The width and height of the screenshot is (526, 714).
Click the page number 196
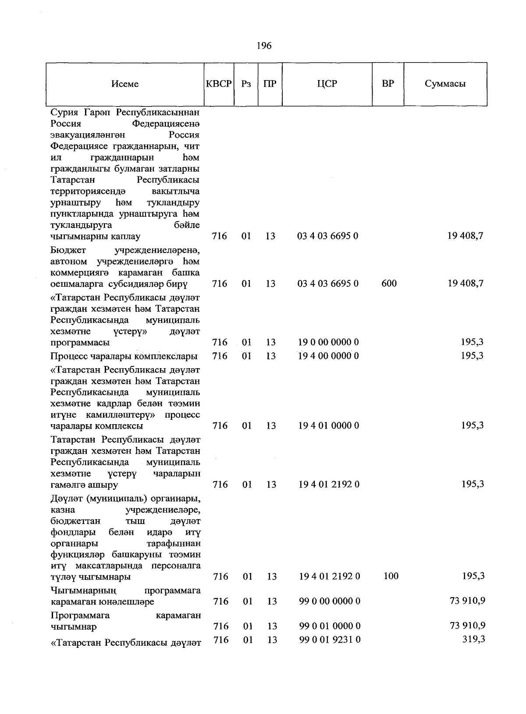point(264,46)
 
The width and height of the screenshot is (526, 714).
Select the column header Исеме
point(125,84)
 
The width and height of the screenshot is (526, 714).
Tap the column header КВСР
point(218,84)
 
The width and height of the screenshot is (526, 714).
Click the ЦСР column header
point(327,84)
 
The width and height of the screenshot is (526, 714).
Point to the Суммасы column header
point(445,84)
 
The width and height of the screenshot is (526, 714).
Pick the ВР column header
point(387,84)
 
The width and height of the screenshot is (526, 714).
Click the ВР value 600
point(389,283)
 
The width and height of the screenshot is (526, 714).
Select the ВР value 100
point(391,576)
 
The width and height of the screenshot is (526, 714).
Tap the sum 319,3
point(473,640)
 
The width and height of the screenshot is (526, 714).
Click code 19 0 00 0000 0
point(328,342)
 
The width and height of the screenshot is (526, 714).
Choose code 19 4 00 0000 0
point(328,355)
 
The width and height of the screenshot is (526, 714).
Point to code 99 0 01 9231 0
point(330,640)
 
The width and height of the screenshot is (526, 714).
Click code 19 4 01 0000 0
point(328,425)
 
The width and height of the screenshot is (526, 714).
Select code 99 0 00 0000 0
point(330,601)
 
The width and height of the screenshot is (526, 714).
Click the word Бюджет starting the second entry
point(68,250)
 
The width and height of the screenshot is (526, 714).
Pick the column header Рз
point(246,84)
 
